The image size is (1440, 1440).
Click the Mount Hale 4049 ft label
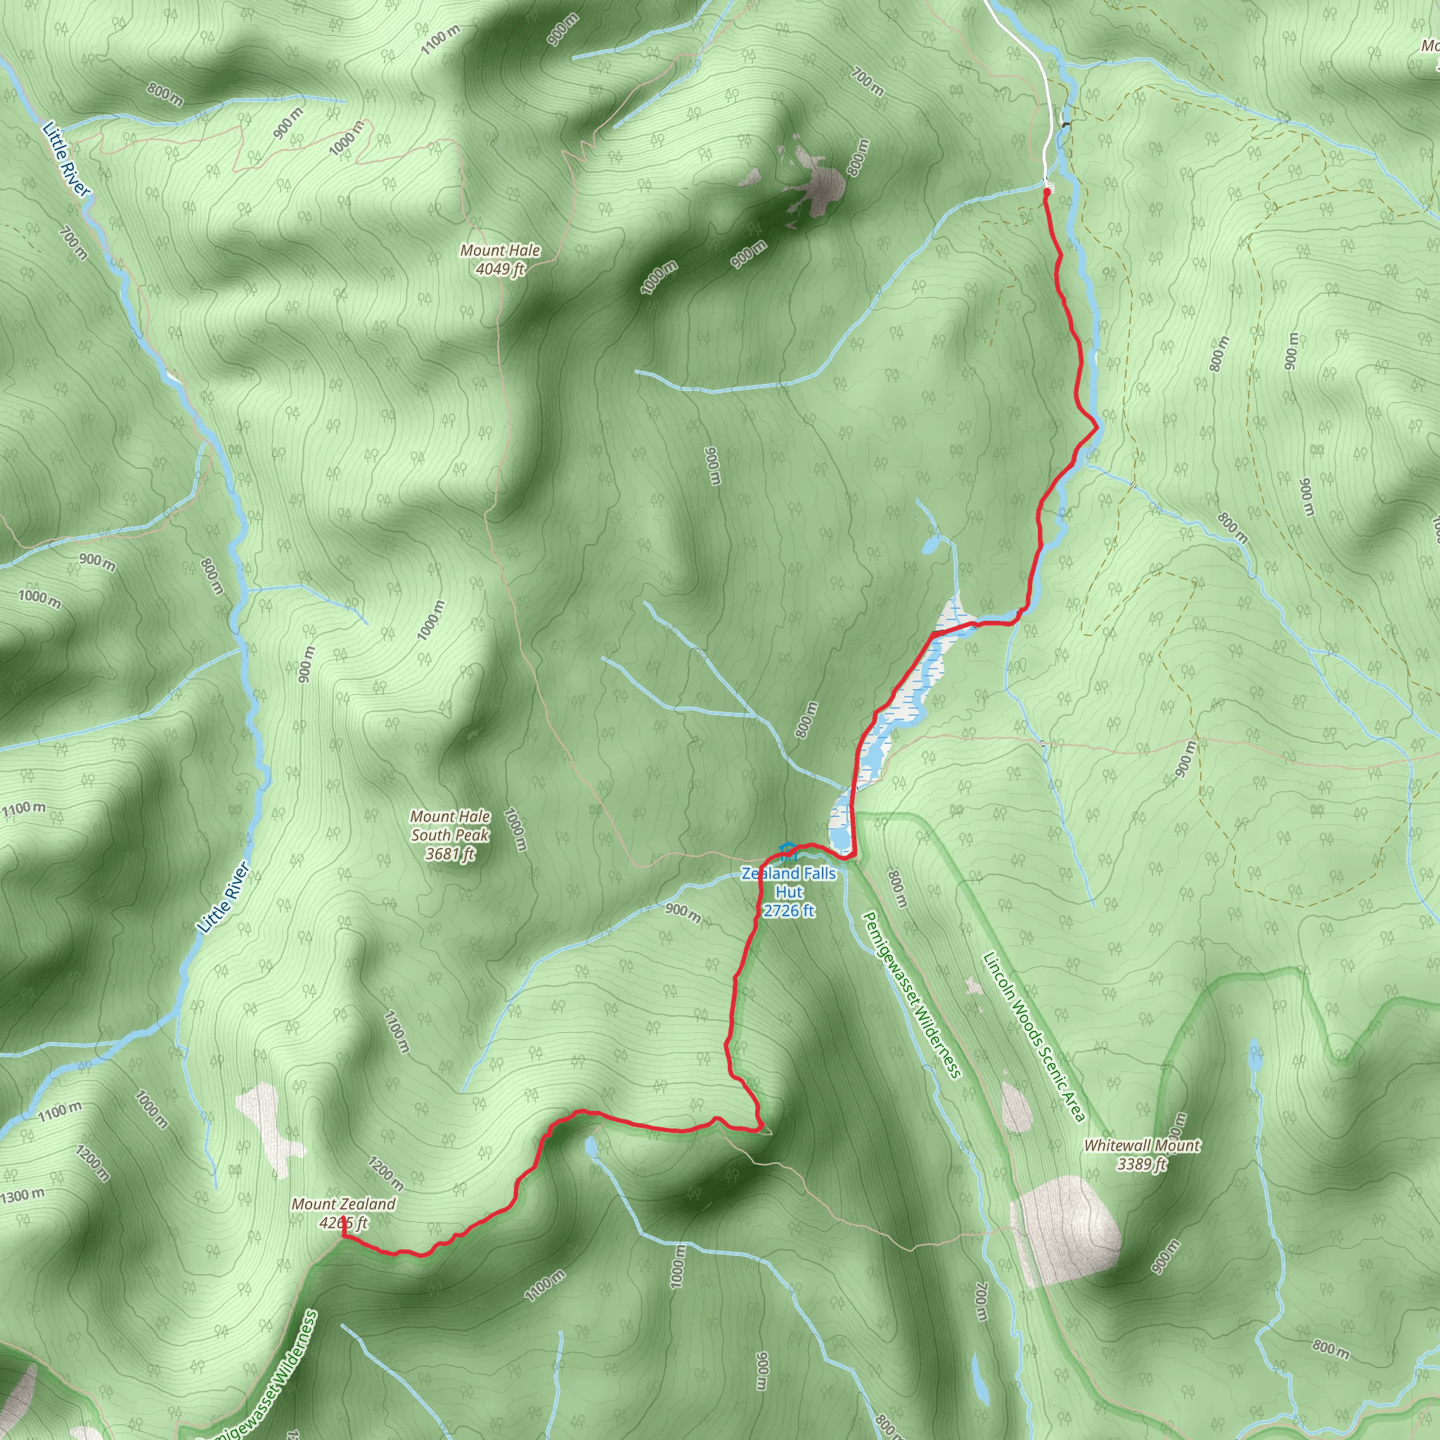[x=500, y=259]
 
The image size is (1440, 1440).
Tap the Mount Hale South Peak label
[x=450, y=835]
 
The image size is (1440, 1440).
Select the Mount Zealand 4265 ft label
[x=344, y=1213]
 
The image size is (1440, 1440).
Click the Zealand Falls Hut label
[x=789, y=892]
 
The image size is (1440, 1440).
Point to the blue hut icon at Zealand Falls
[x=786, y=849]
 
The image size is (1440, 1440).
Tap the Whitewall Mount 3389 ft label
[x=1142, y=1155]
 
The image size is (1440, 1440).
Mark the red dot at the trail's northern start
[x=1047, y=191]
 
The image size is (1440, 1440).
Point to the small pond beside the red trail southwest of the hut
[x=591, y=1146]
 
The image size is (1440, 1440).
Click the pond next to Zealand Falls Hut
[x=840, y=820]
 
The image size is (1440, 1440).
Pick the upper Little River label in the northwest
[x=65, y=159]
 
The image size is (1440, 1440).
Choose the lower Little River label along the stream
[x=223, y=898]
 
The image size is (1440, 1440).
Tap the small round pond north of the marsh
[x=930, y=546]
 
